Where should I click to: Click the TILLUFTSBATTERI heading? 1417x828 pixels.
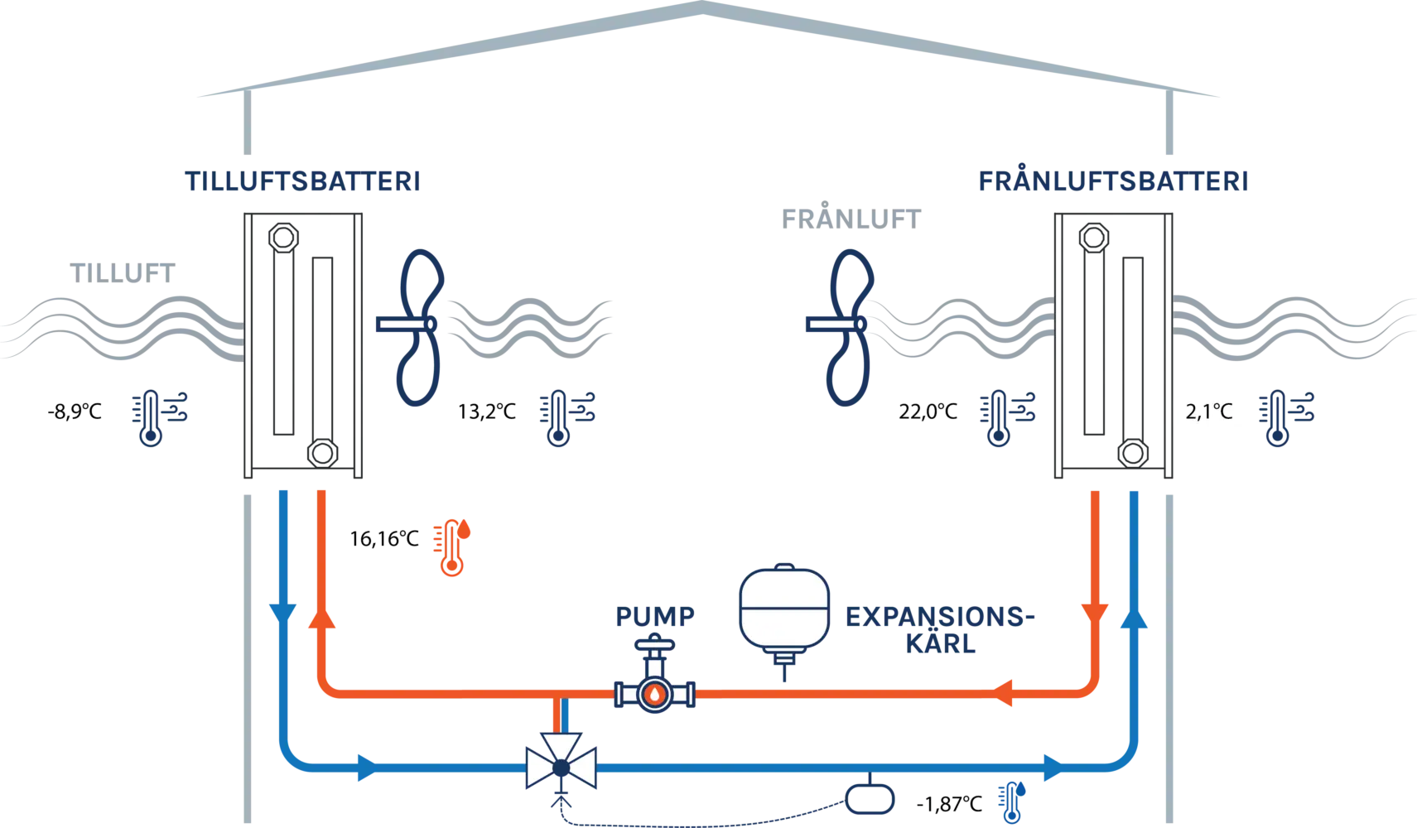click(x=301, y=181)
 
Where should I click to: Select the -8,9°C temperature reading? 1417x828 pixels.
click(x=76, y=412)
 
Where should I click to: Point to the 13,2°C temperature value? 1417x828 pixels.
click(x=487, y=412)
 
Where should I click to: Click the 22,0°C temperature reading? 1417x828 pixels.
click(x=928, y=412)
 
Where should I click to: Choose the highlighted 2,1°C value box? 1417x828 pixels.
click(x=1210, y=412)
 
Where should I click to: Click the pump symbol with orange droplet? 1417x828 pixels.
click(x=654, y=693)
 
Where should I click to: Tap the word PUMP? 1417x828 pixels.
click(x=654, y=616)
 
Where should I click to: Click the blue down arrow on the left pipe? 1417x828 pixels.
click(x=282, y=613)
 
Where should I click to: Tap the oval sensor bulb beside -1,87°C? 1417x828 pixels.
click(x=870, y=797)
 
